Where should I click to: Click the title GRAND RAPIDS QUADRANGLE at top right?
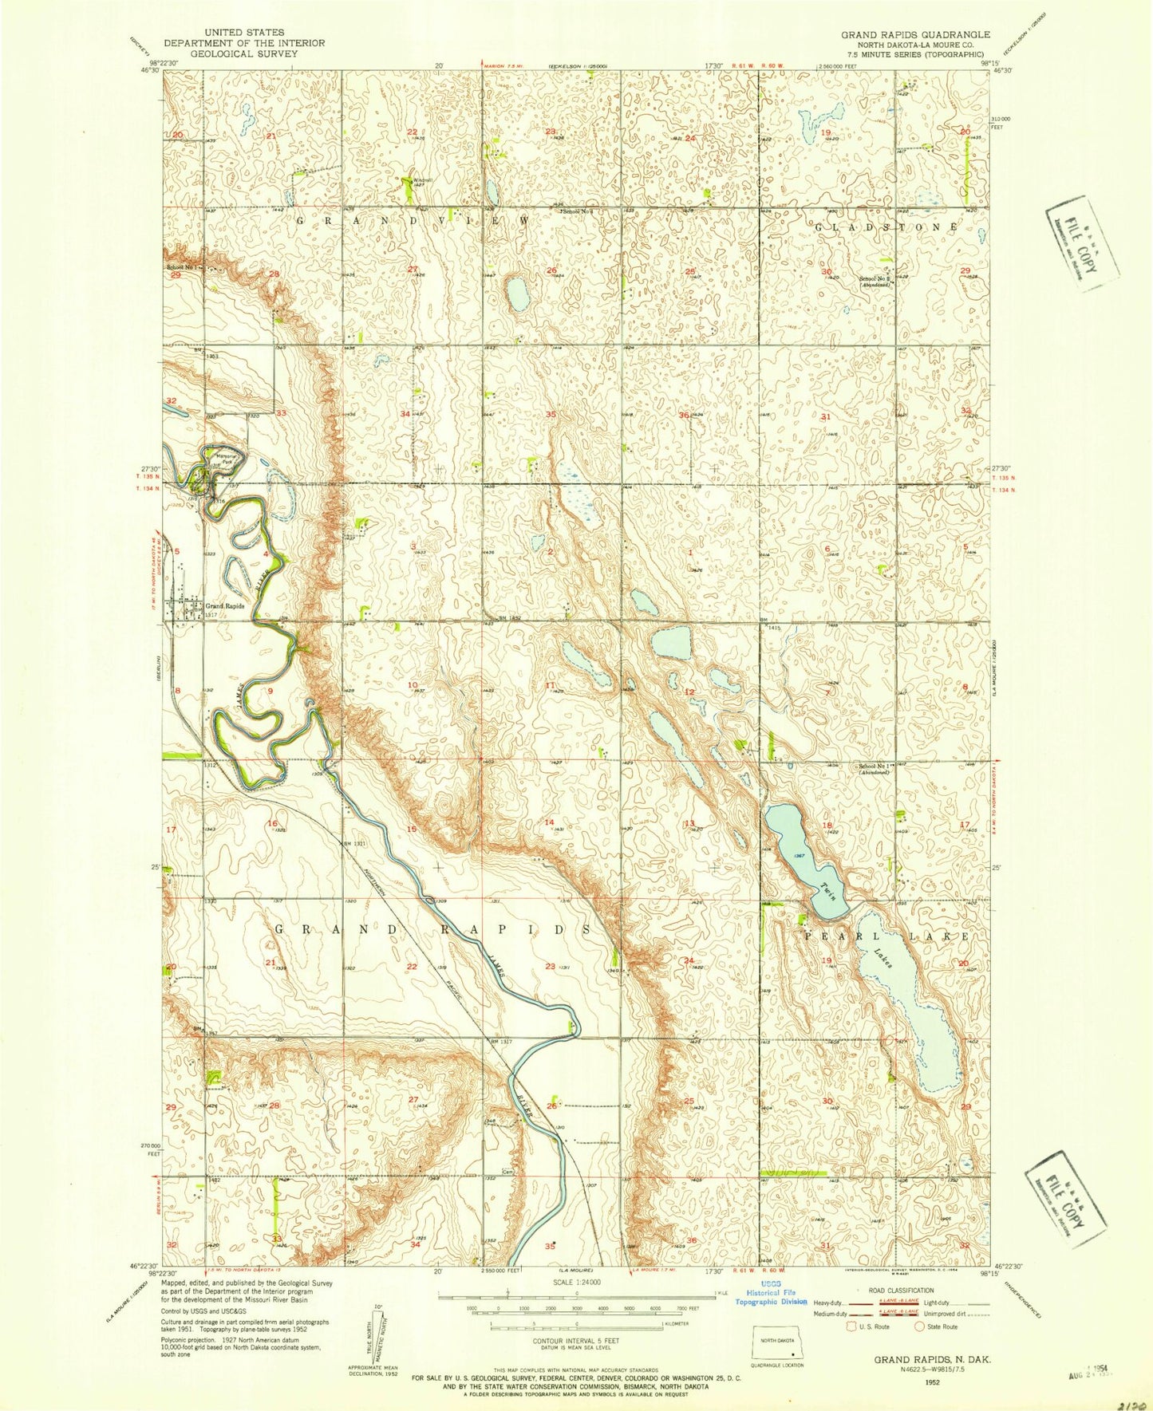pos(915,34)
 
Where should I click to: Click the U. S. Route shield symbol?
pos(851,1326)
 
